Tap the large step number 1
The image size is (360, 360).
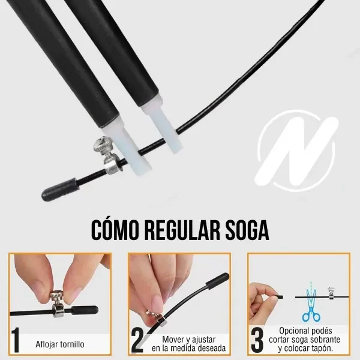(x=16, y=340)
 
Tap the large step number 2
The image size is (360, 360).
(x=137, y=340)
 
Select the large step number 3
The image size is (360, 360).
(x=257, y=340)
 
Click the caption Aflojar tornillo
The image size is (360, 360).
(x=60, y=344)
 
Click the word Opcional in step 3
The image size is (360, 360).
(x=296, y=331)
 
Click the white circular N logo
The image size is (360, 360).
(x=297, y=148)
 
